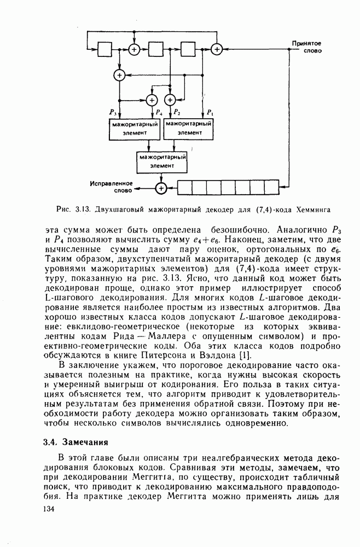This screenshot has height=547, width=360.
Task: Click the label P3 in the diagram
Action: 112,112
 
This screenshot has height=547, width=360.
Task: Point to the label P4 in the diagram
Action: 159,112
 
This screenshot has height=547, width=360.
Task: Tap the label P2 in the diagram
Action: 177,112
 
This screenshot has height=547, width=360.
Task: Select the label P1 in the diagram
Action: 209,112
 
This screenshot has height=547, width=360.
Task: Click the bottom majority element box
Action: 161,161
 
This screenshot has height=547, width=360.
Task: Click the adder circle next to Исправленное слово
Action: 161,188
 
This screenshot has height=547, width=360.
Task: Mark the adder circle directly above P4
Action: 152,100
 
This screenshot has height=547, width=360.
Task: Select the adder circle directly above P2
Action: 169,100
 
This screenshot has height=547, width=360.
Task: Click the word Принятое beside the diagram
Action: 306,43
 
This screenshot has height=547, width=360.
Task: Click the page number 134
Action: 49,509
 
